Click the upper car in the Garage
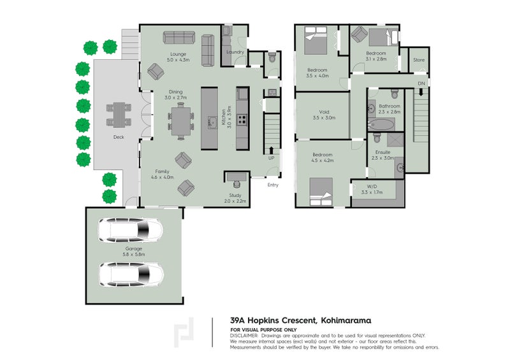[x=131, y=230]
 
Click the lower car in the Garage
[x=131, y=274]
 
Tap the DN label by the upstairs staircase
[x=421, y=83]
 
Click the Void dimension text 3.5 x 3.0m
[x=324, y=118]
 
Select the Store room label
[x=418, y=60]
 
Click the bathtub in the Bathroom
[x=379, y=122]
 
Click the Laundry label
[x=235, y=53]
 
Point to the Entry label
[x=273, y=185]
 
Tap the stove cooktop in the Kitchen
[x=242, y=119]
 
